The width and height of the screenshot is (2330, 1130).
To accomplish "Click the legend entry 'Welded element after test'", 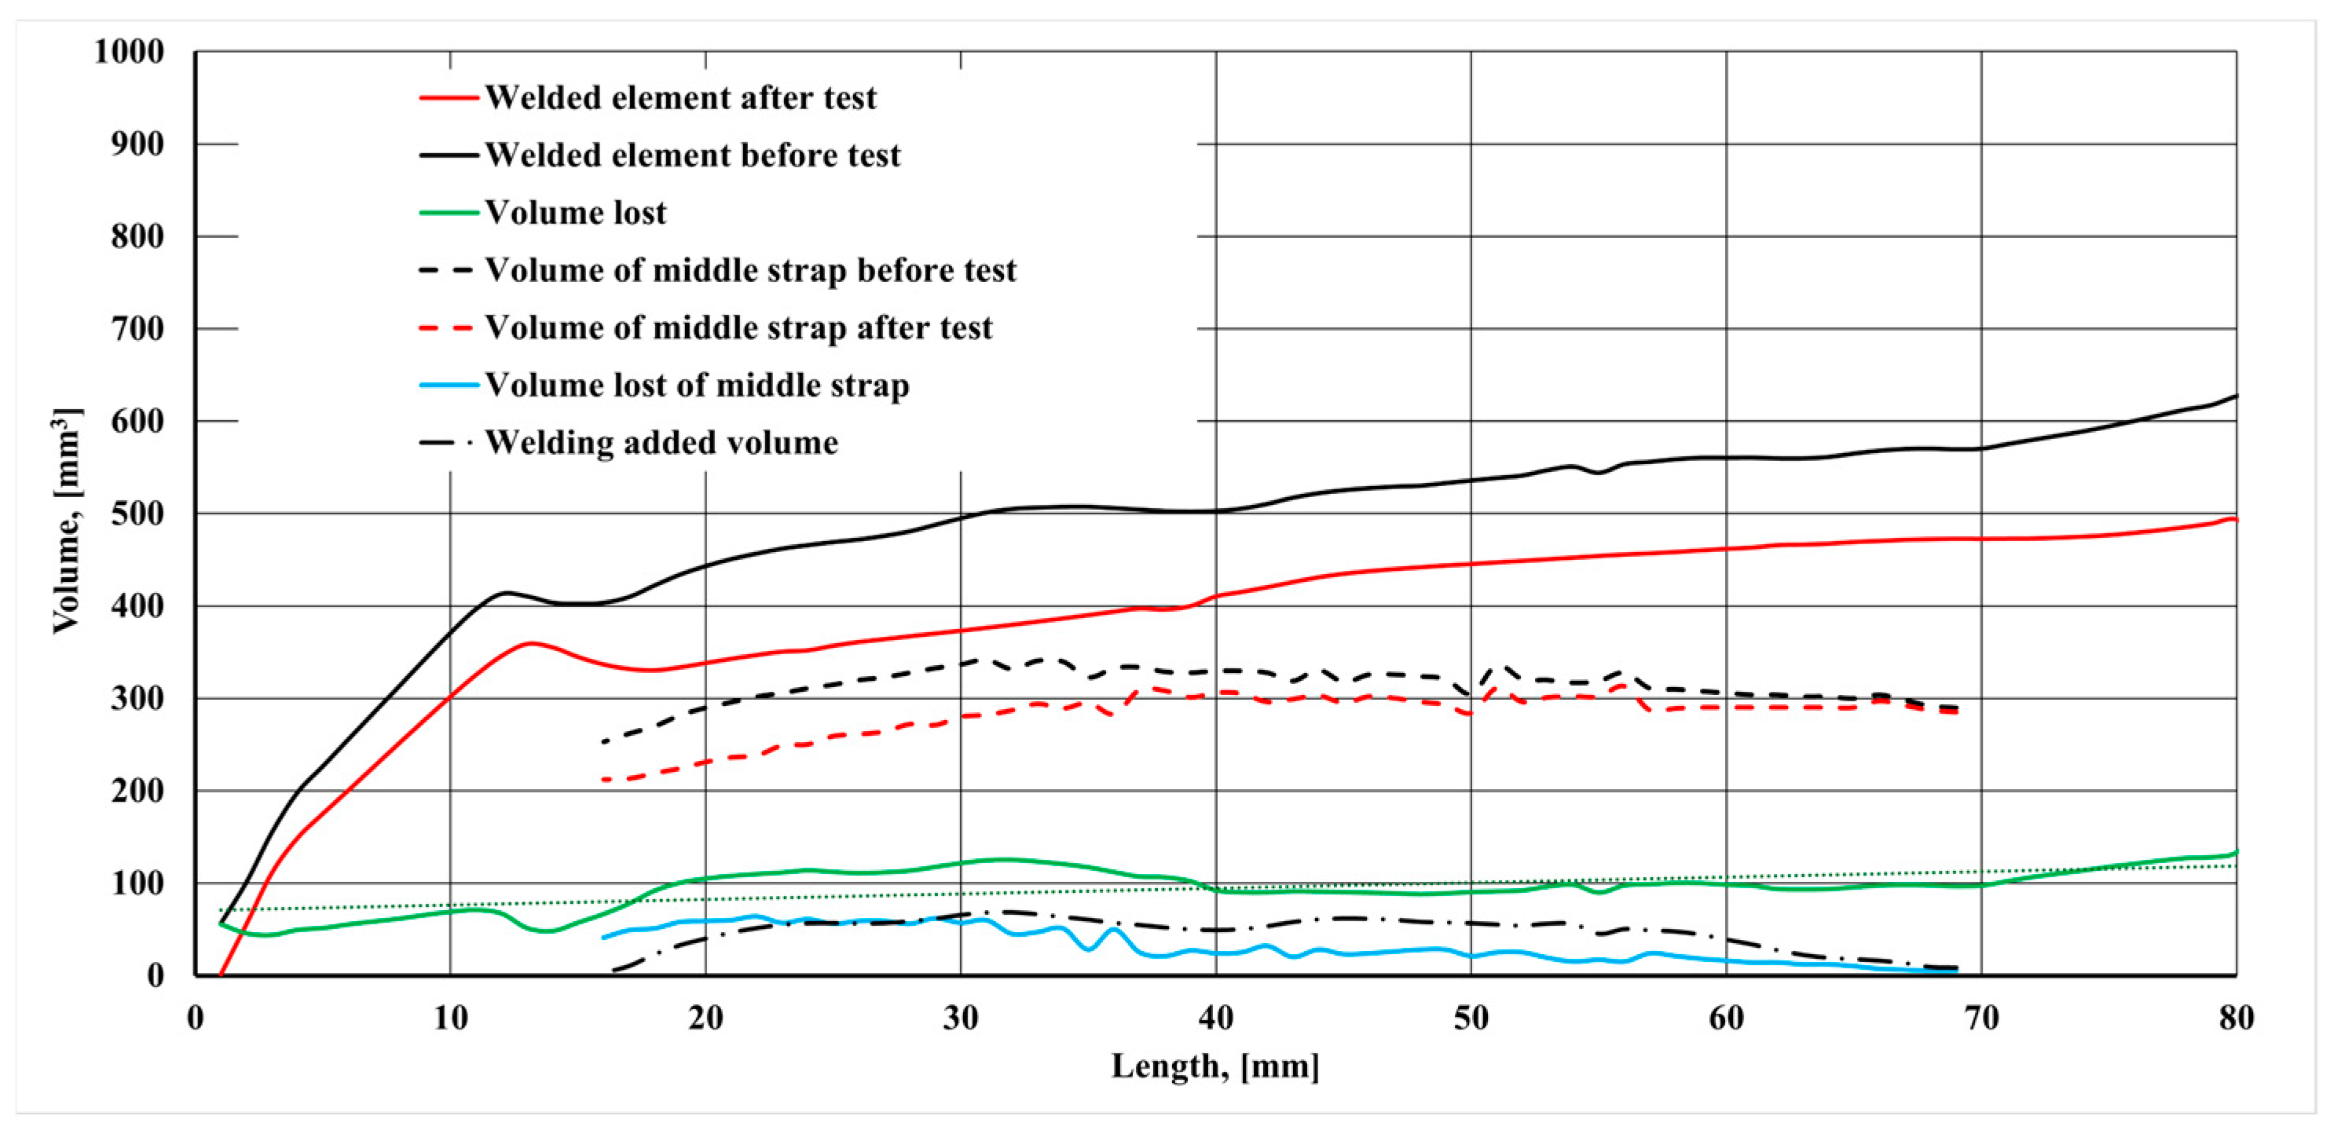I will pyautogui.click(x=680, y=97).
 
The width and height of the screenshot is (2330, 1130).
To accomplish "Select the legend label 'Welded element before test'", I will pyautogui.click(x=693, y=155).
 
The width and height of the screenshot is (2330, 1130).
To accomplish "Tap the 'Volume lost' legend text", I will pyautogui.click(x=575, y=213).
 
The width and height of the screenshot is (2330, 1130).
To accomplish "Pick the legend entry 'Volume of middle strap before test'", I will pyautogui.click(x=751, y=270).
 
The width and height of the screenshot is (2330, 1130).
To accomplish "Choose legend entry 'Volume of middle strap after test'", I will pyautogui.click(x=738, y=327).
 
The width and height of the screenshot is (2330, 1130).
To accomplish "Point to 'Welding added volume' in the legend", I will pyautogui.click(x=661, y=443).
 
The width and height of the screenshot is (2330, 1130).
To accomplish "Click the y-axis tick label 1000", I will pyautogui.click(x=130, y=52).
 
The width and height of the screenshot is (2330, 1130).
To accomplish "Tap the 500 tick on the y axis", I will pyautogui.click(x=137, y=514).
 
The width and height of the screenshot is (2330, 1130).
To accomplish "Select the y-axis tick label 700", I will pyautogui.click(x=137, y=329).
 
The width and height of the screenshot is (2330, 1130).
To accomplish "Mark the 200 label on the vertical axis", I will pyautogui.click(x=137, y=791).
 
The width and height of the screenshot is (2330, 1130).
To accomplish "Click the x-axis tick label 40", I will pyautogui.click(x=1215, y=1018).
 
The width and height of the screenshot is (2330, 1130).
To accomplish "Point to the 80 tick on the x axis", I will pyautogui.click(x=2236, y=1018).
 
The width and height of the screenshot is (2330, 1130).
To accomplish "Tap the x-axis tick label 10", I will pyautogui.click(x=449, y=1018).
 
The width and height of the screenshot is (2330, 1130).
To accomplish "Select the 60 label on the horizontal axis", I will pyautogui.click(x=1726, y=1018).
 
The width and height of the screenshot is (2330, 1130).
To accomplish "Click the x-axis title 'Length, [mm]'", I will pyautogui.click(x=1214, y=1066).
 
